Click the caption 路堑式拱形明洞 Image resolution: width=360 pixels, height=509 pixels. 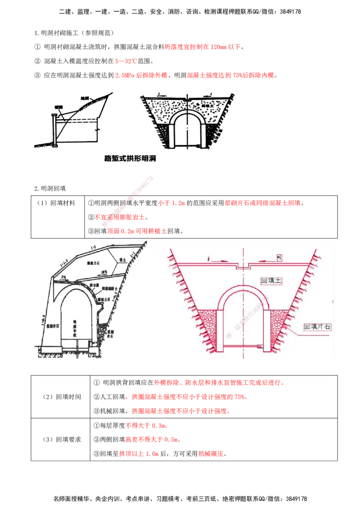(130, 158)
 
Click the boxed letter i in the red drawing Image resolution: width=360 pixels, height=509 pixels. (279, 258)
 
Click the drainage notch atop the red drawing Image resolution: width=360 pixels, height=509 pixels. (243, 266)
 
